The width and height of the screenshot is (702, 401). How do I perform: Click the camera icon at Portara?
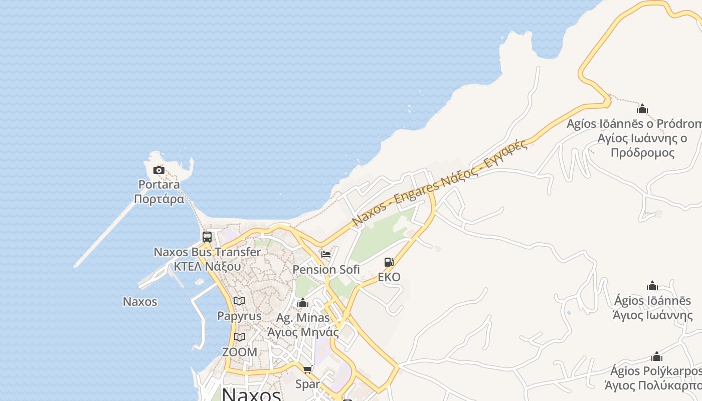159,170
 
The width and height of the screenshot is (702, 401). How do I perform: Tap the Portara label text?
159,184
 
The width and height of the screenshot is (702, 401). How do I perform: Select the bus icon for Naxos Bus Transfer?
207,237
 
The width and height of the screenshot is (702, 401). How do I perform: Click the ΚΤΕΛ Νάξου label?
207,266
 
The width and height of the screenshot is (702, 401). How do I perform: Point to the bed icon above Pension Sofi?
326,255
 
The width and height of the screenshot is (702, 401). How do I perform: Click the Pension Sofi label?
326,270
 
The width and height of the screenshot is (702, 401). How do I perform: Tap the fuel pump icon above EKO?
389,262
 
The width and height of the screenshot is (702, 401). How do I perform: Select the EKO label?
389,277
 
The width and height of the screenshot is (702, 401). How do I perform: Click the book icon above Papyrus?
239,301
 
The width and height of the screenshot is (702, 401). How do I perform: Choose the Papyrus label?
239,316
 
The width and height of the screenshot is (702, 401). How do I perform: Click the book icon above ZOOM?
240,337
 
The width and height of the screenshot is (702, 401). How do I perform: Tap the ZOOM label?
240,352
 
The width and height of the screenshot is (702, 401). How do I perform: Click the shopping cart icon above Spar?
307,369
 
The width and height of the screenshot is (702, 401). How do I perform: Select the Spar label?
307,384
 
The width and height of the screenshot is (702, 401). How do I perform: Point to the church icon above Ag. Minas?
303,303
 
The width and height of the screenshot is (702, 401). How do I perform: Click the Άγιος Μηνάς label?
303,332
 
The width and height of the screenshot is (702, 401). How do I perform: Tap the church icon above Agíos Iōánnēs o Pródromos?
642,109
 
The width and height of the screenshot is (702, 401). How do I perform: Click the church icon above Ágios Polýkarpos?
656,356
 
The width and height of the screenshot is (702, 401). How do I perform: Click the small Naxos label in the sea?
140,302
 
